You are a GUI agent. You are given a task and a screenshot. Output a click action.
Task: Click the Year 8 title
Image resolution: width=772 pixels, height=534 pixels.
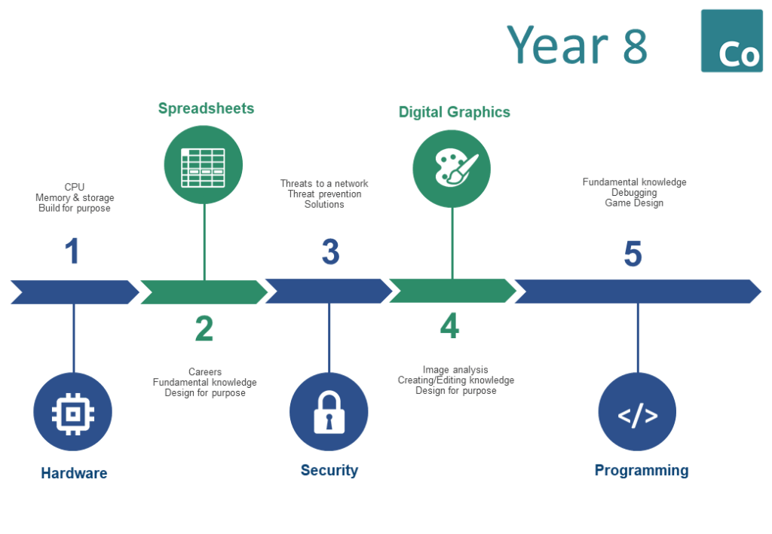pyautogui.click(x=577, y=44)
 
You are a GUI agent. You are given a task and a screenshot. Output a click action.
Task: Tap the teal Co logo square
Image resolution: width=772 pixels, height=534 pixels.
pyautogui.click(x=731, y=41)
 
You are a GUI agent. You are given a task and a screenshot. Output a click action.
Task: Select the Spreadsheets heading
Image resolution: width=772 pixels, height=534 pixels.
pyautogui.click(x=207, y=108)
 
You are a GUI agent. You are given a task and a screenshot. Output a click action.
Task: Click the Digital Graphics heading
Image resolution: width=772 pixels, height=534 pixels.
pyautogui.click(x=455, y=112)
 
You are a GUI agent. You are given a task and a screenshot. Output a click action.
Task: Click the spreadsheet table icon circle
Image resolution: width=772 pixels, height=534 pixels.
pyautogui.click(x=204, y=165)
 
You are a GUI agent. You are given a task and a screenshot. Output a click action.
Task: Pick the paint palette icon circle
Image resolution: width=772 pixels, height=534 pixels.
pyautogui.click(x=452, y=169)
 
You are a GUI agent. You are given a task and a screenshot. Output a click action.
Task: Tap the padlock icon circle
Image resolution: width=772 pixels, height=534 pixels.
pyautogui.click(x=329, y=411)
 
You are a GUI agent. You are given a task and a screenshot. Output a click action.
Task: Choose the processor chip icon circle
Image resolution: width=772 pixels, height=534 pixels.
pyautogui.click(x=73, y=411)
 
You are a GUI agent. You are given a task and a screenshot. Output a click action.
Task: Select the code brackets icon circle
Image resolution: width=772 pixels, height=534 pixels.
pyautogui.click(x=637, y=411)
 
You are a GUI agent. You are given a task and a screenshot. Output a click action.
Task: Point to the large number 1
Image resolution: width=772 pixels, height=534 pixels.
pyautogui.click(x=72, y=251)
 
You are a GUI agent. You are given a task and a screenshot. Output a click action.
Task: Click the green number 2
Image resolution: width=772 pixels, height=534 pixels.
pyautogui.click(x=204, y=328)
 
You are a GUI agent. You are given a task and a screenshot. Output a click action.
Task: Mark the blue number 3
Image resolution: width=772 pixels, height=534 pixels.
pyautogui.click(x=331, y=252)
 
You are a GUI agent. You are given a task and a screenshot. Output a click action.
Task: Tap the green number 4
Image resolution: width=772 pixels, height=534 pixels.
pyautogui.click(x=449, y=325)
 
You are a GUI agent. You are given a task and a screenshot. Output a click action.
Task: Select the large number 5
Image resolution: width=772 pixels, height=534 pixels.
pyautogui.click(x=633, y=254)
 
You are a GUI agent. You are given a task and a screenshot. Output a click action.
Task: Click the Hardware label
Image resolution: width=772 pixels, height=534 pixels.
pyautogui.click(x=74, y=473)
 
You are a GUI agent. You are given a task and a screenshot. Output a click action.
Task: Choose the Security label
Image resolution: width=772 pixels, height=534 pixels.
pyautogui.click(x=329, y=471)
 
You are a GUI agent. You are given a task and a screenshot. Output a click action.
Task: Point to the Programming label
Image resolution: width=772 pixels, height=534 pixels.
pyautogui.click(x=642, y=471)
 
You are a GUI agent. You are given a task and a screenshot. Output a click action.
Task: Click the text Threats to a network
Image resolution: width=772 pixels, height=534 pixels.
pyautogui.click(x=324, y=184)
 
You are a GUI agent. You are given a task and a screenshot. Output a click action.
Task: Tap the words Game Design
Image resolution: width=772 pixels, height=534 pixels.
pyautogui.click(x=634, y=203)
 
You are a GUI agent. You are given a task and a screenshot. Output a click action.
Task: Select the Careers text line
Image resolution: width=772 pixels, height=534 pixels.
pyautogui.click(x=205, y=372)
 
